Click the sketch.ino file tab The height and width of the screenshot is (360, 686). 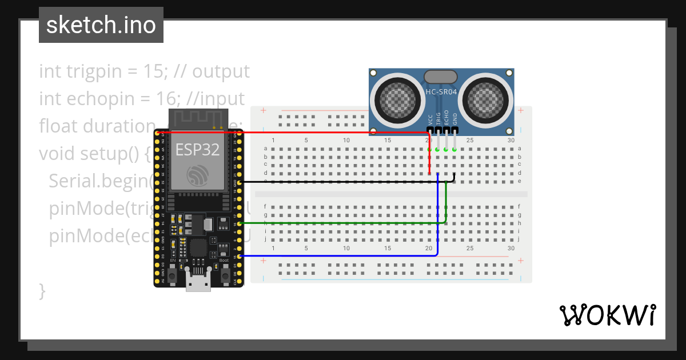pyautogui.click(x=101, y=25)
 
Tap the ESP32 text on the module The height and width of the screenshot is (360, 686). pyautogui.click(x=197, y=150)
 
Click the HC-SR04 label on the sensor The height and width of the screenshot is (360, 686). pyautogui.click(x=441, y=92)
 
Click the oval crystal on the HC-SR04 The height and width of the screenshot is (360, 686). pyautogui.click(x=441, y=77)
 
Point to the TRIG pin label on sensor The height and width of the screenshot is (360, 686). pyautogui.click(x=438, y=118)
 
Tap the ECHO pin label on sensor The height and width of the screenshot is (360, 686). pyautogui.click(x=446, y=118)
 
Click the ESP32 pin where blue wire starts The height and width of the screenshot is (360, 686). pyautogui.click(x=240, y=257)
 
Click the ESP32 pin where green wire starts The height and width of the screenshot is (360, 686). pyautogui.click(x=240, y=223)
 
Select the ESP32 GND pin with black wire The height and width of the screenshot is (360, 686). pyautogui.click(x=240, y=182)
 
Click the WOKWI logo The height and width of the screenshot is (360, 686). pyautogui.click(x=607, y=315)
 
